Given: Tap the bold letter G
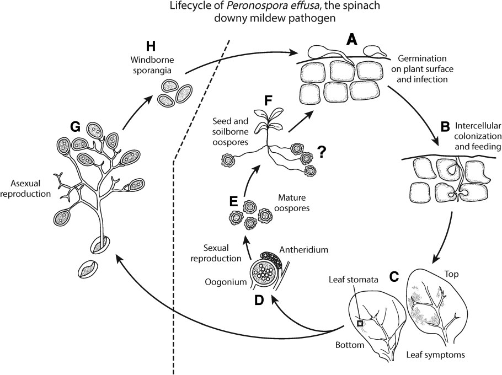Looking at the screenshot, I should point(76,128).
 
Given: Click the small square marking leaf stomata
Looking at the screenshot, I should point(360,324).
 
